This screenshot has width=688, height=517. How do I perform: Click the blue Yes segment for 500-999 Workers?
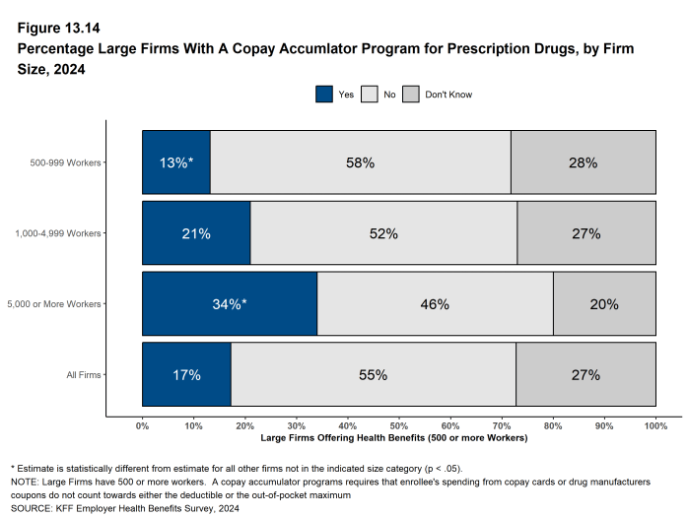175,162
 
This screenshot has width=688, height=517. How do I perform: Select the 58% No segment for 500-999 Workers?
360,162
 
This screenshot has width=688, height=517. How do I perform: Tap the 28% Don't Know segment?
583,162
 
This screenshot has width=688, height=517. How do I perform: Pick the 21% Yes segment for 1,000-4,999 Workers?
196,233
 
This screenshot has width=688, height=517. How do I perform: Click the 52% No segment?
383,233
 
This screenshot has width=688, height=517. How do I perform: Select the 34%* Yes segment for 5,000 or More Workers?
230,304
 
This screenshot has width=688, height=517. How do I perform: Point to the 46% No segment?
435,304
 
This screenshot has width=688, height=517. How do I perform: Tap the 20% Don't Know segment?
604,304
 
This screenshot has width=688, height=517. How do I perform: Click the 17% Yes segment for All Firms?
186,374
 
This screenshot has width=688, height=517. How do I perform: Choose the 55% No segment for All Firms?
373,374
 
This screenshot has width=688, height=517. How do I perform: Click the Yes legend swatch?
324,95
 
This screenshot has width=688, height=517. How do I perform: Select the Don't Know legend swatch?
411,95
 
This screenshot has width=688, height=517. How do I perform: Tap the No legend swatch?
370,95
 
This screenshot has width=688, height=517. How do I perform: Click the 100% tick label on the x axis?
655,425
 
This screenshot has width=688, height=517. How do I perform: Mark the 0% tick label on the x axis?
142,425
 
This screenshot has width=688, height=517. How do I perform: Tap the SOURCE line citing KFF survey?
124,509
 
